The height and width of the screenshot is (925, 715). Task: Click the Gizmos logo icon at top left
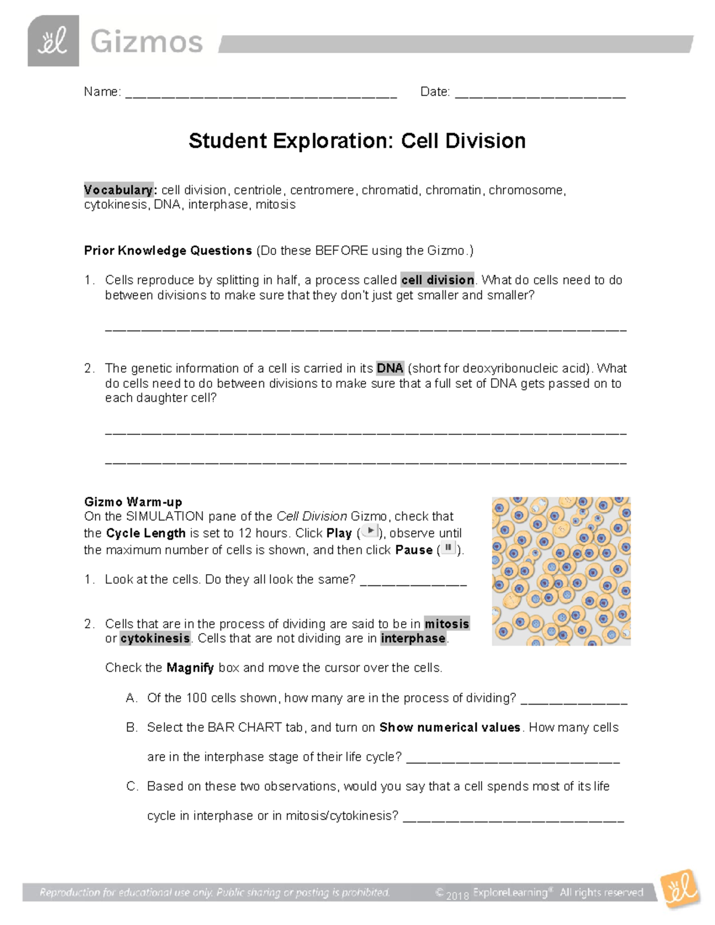click(x=53, y=41)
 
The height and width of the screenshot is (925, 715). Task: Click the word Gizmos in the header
click(x=147, y=42)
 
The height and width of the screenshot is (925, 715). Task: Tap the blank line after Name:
click(x=261, y=94)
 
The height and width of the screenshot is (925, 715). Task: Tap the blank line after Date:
click(x=540, y=94)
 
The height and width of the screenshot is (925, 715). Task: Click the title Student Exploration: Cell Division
click(x=357, y=141)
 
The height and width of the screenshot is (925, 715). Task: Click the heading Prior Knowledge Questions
click(x=168, y=251)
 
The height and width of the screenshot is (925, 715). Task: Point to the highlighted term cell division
click(x=438, y=280)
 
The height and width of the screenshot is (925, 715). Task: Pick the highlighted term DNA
click(x=390, y=368)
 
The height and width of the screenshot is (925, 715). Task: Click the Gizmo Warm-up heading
click(x=133, y=502)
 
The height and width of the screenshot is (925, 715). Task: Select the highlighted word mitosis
click(x=447, y=624)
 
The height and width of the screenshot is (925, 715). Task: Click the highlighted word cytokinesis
click(x=155, y=639)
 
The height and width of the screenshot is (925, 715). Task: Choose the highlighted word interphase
click(x=414, y=639)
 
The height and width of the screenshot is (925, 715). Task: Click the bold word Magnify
click(x=190, y=668)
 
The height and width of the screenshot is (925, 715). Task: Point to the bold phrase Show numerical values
click(x=450, y=727)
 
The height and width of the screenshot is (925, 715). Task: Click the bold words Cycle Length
click(x=146, y=533)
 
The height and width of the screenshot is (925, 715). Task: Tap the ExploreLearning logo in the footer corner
click(x=680, y=890)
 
